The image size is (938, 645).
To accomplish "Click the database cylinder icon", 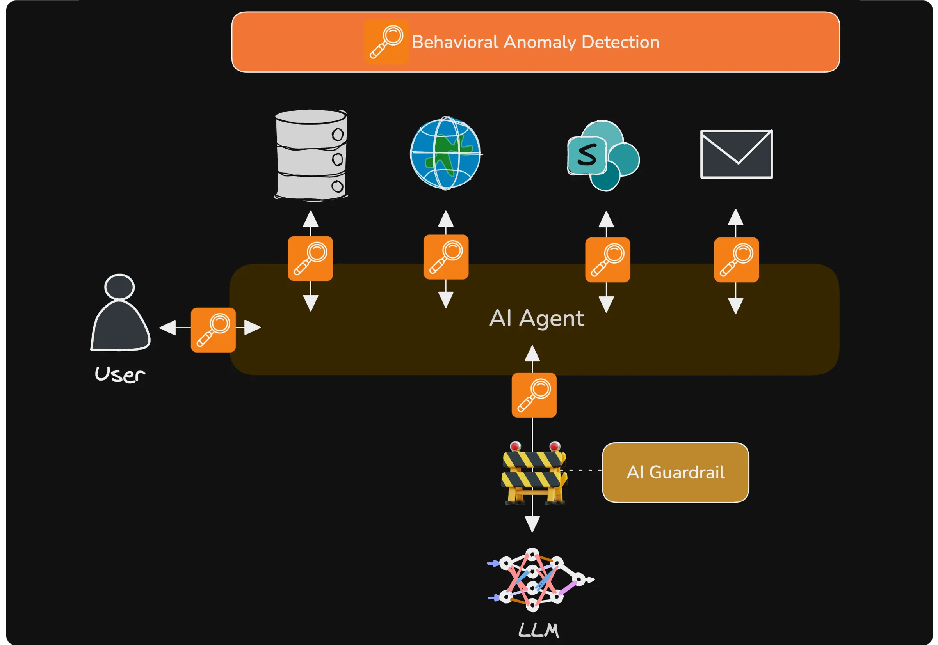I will (x=311, y=155).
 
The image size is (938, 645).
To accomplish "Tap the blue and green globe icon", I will (x=445, y=153).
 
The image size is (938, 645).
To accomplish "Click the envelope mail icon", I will (x=736, y=154).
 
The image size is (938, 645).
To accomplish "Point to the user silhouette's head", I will (x=119, y=287).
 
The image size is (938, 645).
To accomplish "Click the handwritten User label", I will (x=120, y=374).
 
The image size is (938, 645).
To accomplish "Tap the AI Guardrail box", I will (x=675, y=472).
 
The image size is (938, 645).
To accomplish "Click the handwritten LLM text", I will (x=539, y=631).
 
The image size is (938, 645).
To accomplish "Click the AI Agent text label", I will (x=536, y=318).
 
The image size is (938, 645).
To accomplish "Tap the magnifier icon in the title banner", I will (x=386, y=42).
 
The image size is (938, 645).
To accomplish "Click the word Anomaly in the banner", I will (x=539, y=42).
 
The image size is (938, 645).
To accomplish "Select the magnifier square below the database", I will (x=310, y=259).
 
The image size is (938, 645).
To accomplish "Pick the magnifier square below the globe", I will (x=446, y=257).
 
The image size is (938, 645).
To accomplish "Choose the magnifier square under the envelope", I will (x=736, y=260).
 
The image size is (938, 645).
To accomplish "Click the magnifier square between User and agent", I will (x=213, y=330).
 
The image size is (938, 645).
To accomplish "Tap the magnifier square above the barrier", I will (x=534, y=395).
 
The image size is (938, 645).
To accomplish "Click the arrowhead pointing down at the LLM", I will (x=532, y=524).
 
